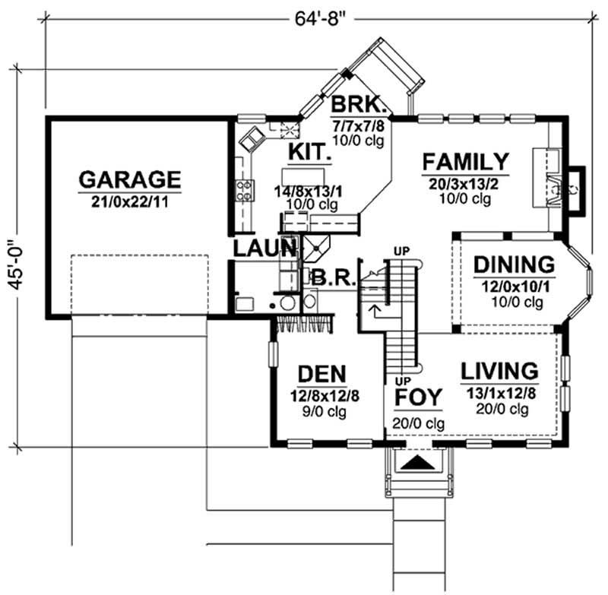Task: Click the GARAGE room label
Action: click(130, 179)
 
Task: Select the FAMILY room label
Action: click(465, 162)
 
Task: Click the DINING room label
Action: click(514, 265)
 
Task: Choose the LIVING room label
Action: click(500, 372)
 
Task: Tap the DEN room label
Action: click(322, 374)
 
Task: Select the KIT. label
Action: click(308, 153)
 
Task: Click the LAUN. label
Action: click(264, 247)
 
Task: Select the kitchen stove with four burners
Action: click(245, 190)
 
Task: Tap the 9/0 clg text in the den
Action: click(322, 411)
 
